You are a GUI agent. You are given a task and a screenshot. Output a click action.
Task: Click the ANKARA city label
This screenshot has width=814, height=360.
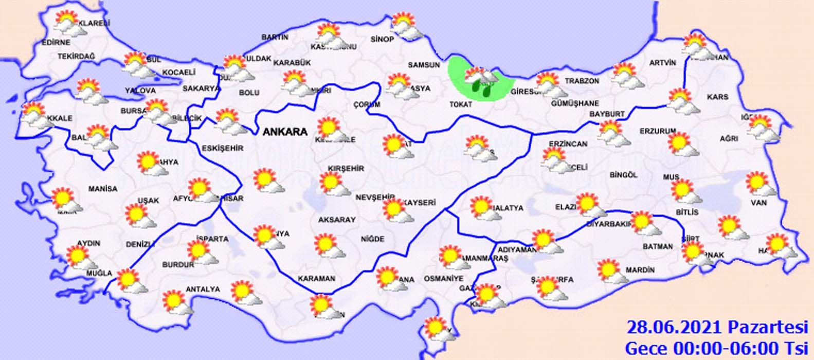tap(285, 132)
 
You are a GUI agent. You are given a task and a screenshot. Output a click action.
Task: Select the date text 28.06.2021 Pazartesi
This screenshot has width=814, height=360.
tap(717, 327)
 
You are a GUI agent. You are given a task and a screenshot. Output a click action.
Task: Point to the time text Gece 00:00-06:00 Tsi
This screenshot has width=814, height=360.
tap(717, 347)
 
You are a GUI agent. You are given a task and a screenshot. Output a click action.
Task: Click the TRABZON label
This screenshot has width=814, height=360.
tap(582, 81)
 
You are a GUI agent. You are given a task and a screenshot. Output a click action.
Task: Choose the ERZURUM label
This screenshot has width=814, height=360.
tap(658, 131)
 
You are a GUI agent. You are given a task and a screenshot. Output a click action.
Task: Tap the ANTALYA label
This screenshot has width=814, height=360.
tap(203, 290)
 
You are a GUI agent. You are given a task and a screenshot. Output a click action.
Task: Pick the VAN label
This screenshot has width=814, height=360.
tap(758, 203)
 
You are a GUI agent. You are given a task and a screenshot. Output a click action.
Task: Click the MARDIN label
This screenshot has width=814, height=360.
tap(640, 270)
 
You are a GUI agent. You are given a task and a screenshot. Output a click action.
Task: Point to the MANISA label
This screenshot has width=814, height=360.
tap(103, 189)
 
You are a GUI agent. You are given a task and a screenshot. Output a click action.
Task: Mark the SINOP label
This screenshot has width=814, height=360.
tap(382, 40)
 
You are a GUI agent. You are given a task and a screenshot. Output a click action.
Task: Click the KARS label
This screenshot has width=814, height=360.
tap(718, 97)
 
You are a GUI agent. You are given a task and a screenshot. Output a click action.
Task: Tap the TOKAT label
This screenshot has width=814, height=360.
tap(461, 104)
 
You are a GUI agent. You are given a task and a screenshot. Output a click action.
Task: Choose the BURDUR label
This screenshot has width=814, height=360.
tap(178, 265)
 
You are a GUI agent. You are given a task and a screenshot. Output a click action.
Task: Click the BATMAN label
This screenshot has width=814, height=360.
tap(658, 246)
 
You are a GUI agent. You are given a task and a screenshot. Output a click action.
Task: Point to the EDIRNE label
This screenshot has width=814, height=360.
tap(56, 42)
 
